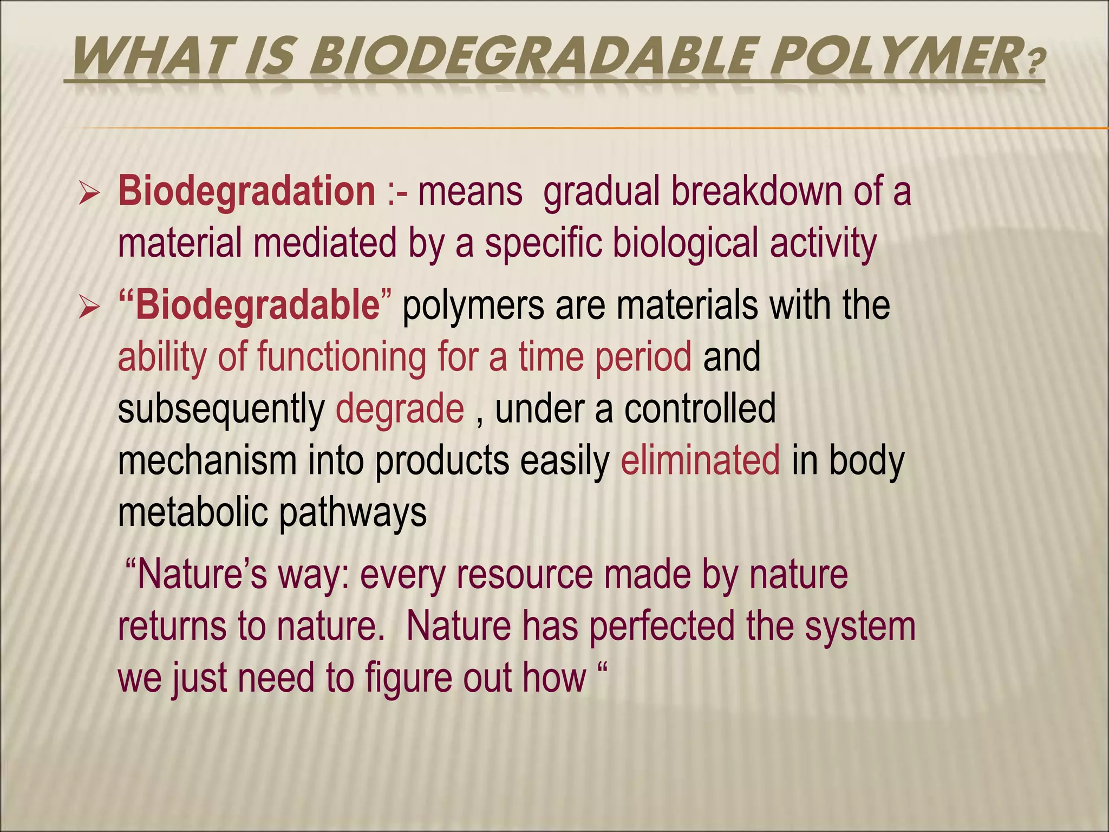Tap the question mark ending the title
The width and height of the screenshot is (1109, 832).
(1035, 63)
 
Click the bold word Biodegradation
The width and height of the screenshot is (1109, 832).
(246, 192)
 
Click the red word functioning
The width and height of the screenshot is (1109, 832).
(341, 357)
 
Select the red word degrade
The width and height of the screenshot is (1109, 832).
(400, 409)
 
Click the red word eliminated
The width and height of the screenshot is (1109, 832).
(700, 460)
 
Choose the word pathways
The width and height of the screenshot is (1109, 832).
(353, 512)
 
